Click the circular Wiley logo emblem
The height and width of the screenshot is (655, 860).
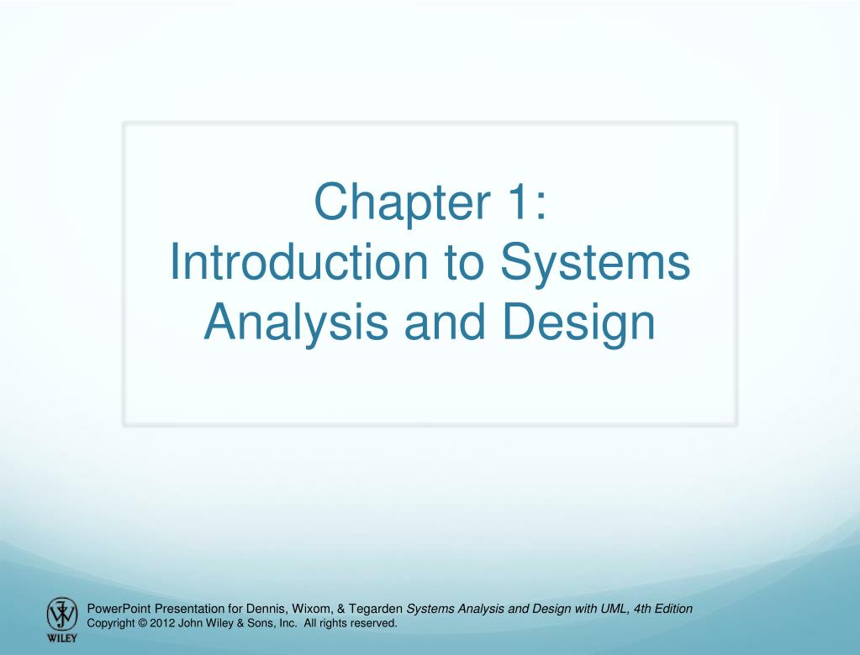[60, 613]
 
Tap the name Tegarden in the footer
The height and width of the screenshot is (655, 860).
[376, 608]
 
